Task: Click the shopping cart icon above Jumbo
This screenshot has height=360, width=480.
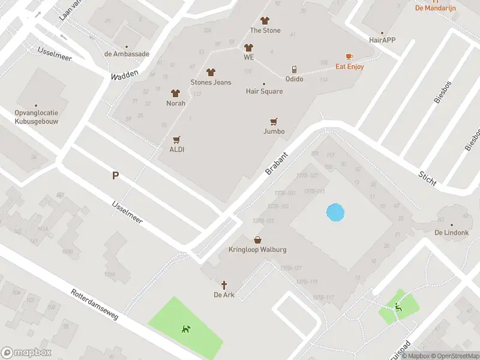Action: [x=274, y=121]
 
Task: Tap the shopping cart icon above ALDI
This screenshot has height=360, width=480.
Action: [x=176, y=139]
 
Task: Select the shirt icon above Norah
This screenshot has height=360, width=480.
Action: [x=175, y=93]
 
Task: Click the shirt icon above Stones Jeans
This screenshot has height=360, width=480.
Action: [x=211, y=72]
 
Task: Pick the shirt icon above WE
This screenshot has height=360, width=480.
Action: [x=248, y=47]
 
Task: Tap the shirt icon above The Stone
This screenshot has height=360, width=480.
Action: [x=265, y=20]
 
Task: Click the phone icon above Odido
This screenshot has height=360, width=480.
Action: [x=294, y=69]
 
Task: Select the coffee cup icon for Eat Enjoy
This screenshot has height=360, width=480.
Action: [x=349, y=57]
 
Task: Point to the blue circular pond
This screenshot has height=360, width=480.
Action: [x=335, y=212]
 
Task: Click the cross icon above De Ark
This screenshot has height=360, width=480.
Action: [x=224, y=284]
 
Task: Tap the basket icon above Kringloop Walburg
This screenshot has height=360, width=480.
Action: [x=257, y=239]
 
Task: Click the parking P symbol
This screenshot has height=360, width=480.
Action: [x=115, y=176]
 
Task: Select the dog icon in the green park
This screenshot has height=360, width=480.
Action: [x=187, y=329]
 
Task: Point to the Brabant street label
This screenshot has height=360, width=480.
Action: [x=277, y=163]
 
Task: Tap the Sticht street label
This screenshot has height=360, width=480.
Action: [x=428, y=177]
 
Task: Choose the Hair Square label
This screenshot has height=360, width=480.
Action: [x=264, y=91]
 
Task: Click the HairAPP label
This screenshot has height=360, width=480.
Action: [x=382, y=40]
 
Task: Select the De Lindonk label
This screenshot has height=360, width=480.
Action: [x=451, y=232]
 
